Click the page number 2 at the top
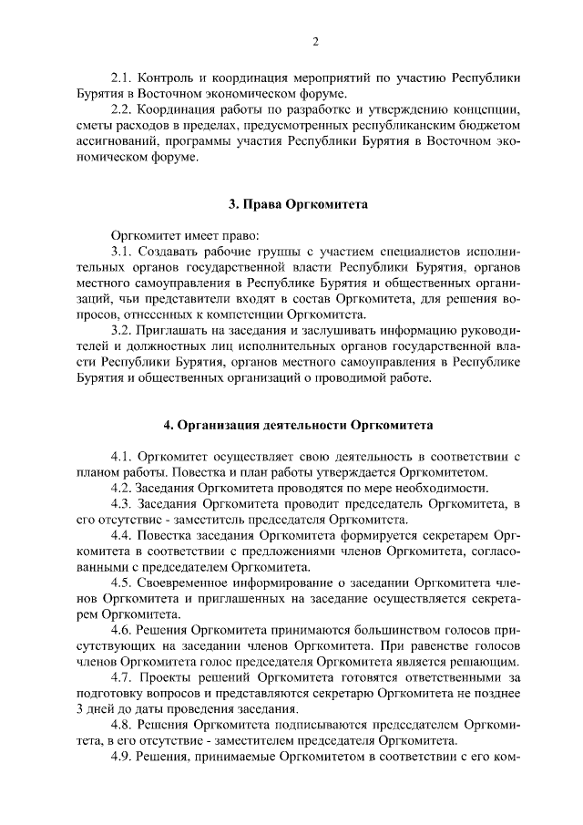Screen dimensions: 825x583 pos(315,42)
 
